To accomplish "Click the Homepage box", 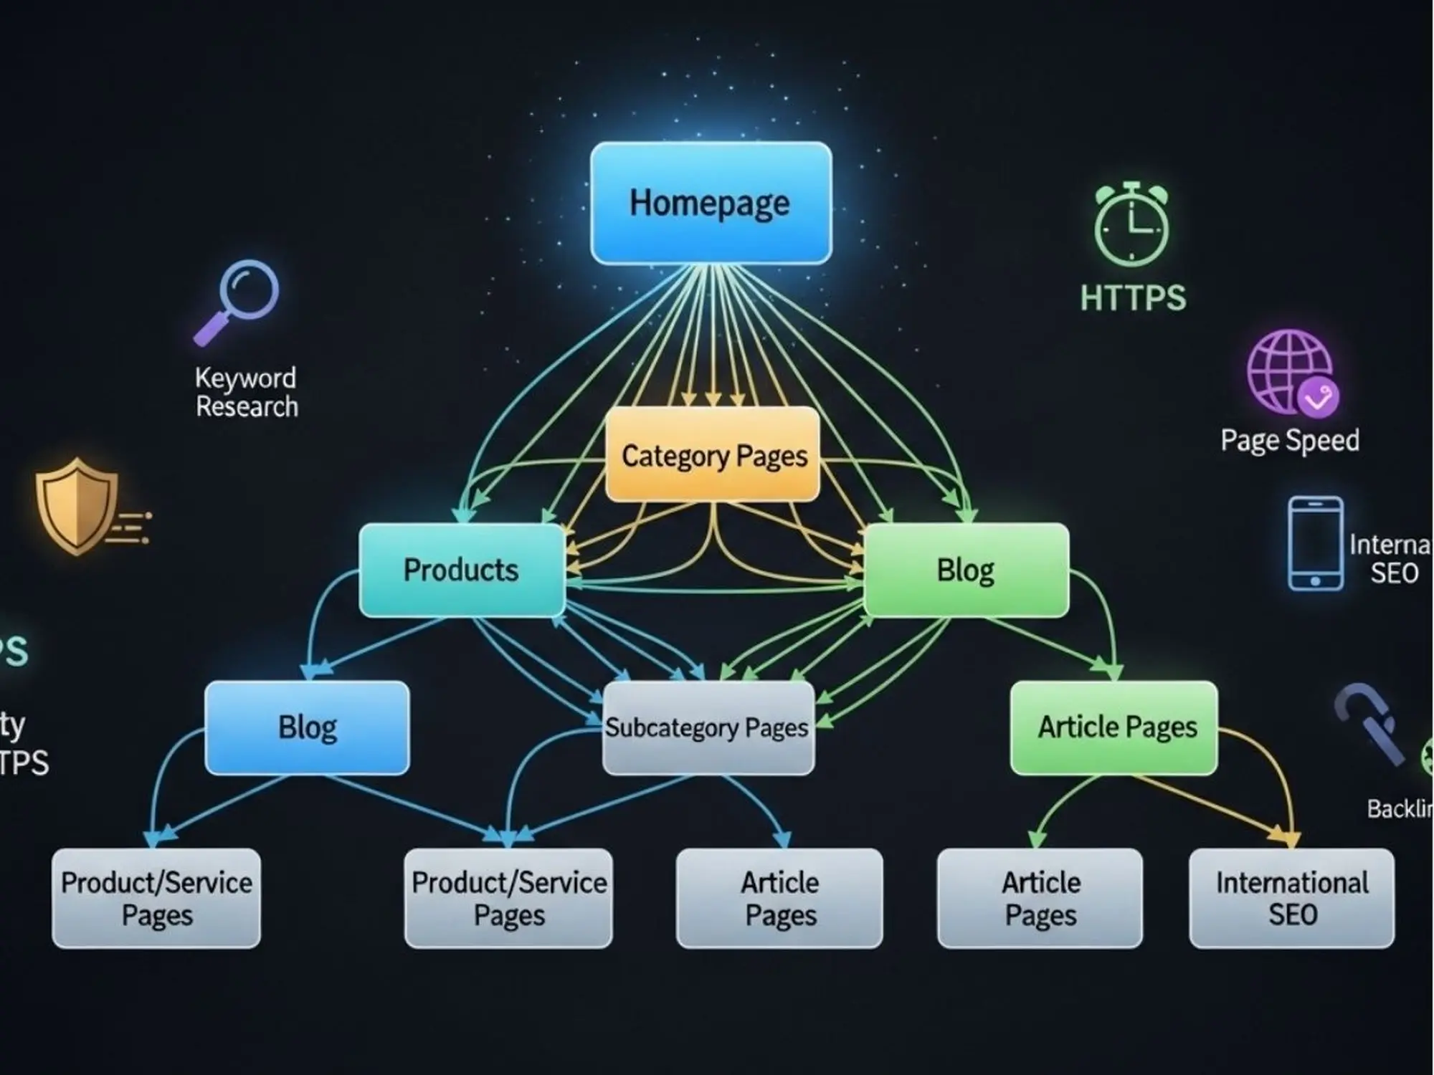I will pyautogui.click(x=711, y=203).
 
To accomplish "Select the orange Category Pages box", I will pyautogui.click(x=713, y=455).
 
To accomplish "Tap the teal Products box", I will pyautogui.click(x=461, y=570).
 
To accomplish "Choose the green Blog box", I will pyautogui.click(x=966, y=570).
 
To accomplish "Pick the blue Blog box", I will pyautogui.click(x=307, y=727).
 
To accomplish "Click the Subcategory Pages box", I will pyautogui.click(x=708, y=727).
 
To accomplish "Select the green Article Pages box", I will pyautogui.click(x=1114, y=727).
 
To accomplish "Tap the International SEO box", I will pyautogui.click(x=1291, y=898).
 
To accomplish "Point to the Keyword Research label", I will pyautogui.click(x=246, y=392).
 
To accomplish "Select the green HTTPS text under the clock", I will pyautogui.click(x=1133, y=297).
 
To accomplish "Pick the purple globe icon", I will pyautogui.click(x=1289, y=372).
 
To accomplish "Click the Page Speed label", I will pyautogui.click(x=1289, y=440).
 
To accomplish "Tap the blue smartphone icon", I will pyautogui.click(x=1315, y=543).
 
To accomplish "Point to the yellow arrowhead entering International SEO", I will pyautogui.click(x=1290, y=837).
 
